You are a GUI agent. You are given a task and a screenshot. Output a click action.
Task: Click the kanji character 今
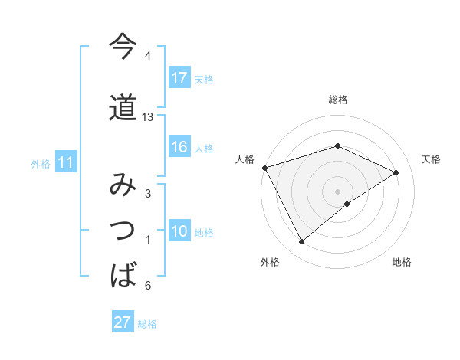[123, 47]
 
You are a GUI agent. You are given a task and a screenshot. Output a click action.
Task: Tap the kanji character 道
[123, 108]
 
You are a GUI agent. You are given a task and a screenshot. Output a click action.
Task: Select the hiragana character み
[123, 186]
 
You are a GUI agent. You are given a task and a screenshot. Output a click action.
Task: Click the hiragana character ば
[123, 273]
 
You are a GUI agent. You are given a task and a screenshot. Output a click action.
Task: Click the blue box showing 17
[179, 78]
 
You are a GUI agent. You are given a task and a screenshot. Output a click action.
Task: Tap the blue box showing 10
[179, 232]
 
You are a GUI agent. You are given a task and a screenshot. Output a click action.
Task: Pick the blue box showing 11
[66, 162]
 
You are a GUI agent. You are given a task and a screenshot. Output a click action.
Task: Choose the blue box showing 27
[123, 322]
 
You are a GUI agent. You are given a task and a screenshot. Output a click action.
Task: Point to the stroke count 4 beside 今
[148, 57]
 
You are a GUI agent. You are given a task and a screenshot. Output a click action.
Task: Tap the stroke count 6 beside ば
[148, 286]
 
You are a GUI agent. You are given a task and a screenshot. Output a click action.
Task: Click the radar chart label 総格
[338, 100]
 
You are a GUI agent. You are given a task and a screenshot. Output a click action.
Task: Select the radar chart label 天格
[432, 159]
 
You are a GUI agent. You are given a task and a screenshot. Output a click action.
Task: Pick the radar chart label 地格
[402, 262]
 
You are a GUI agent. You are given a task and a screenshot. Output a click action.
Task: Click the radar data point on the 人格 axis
[264, 168]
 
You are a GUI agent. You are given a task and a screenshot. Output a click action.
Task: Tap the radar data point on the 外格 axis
[302, 242]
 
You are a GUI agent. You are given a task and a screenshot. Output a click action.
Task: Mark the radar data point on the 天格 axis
[396, 172]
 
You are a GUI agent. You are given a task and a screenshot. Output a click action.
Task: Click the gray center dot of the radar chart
[338, 191]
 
